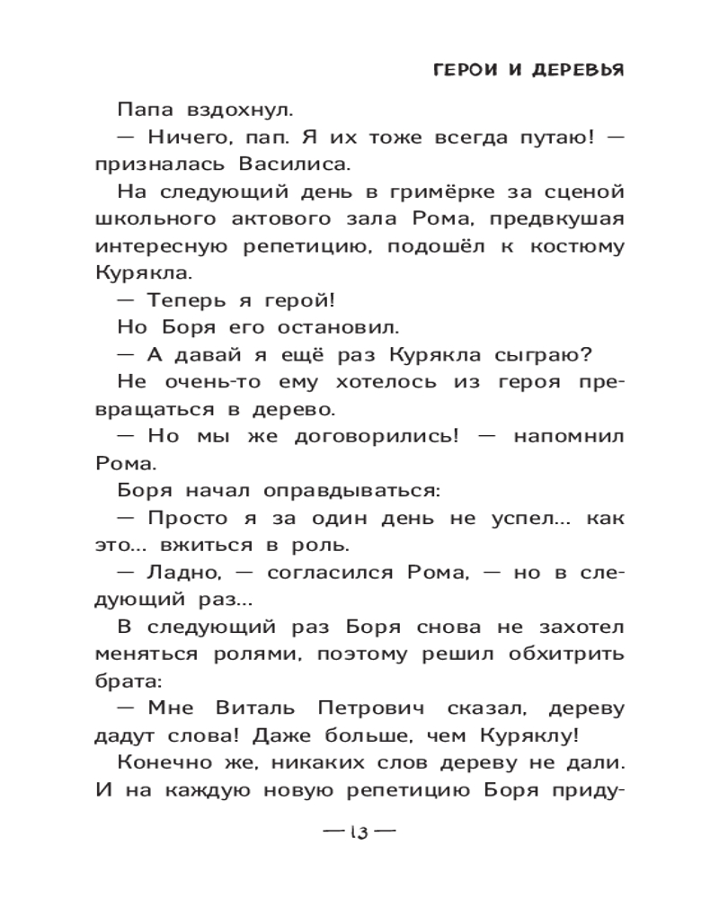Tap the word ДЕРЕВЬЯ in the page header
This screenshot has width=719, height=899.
pyautogui.click(x=572, y=72)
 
